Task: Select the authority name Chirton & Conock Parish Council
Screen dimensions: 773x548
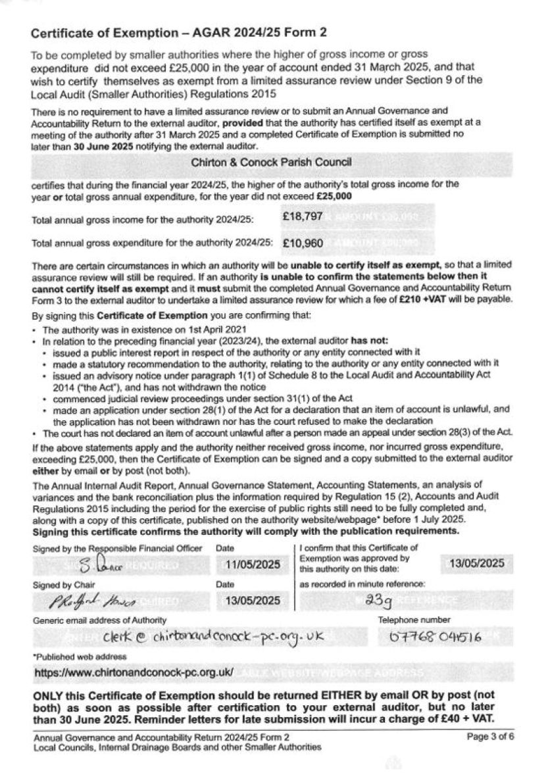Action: click(271, 162)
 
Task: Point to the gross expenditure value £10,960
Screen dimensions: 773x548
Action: click(303, 243)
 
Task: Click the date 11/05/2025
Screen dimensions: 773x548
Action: click(253, 564)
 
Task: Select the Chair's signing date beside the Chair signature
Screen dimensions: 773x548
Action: click(253, 600)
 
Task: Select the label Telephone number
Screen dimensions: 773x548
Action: click(414, 619)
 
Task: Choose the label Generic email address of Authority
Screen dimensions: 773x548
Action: click(99, 620)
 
